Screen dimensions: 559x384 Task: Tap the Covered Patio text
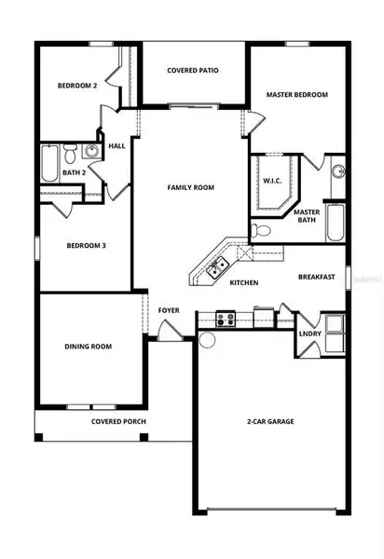(192, 71)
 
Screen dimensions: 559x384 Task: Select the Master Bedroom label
(296, 95)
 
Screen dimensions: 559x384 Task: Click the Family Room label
(191, 187)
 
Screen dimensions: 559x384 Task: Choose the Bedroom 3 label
(87, 247)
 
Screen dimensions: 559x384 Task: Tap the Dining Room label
(88, 347)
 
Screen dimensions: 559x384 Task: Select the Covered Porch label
(118, 422)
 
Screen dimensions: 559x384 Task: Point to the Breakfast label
(317, 277)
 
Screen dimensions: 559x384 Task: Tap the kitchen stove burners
(225, 319)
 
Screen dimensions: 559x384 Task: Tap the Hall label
(117, 145)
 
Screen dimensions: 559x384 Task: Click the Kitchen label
(244, 282)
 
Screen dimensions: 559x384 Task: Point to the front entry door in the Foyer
(165, 329)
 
